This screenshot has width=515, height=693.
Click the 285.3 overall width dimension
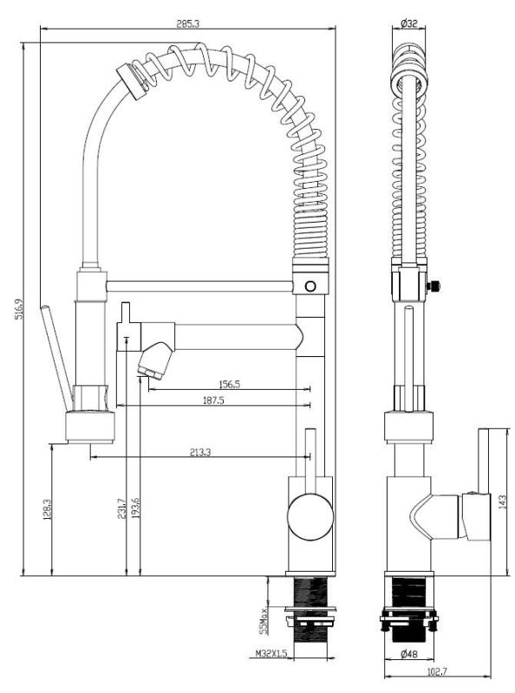click(187, 23)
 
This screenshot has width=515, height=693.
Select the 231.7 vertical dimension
click(122, 509)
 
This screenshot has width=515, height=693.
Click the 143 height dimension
click(500, 502)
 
